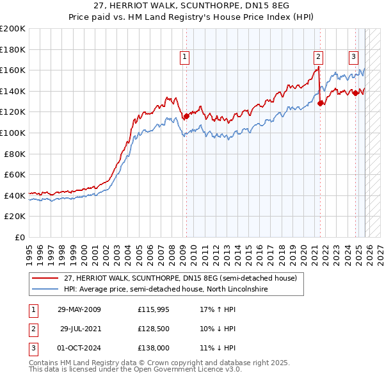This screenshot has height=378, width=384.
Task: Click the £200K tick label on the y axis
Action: (x=13, y=29)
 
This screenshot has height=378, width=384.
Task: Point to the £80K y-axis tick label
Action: (x=15, y=154)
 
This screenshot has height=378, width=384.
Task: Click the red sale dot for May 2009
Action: (x=186, y=117)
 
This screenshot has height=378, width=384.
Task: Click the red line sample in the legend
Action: (x=45, y=279)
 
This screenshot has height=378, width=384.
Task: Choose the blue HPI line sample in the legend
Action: (x=45, y=290)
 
